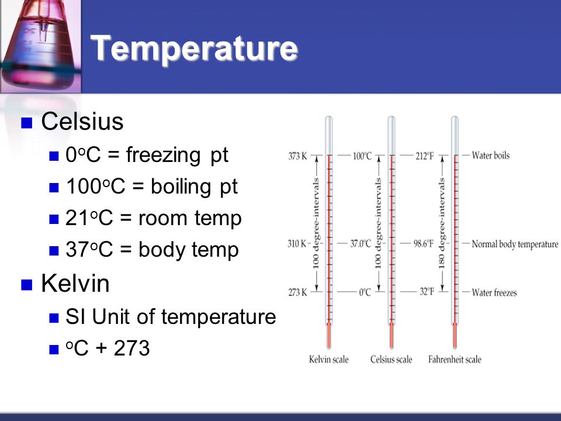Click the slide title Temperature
tap(194, 49)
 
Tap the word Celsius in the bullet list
tap(82, 122)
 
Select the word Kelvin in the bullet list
tap(75, 283)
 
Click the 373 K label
tap(297, 156)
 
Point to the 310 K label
tap(297, 244)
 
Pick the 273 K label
tap(297, 292)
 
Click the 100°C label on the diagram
tap(362, 156)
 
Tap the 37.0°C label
tap(361, 244)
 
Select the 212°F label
tap(425, 156)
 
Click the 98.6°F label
tap(424, 244)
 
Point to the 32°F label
tap(427, 292)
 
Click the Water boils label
tap(490, 156)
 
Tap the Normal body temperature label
tap(515, 244)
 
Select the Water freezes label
tap(494, 292)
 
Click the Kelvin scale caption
tap(329, 359)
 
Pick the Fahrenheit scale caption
tap(455, 359)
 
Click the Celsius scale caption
tap(391, 359)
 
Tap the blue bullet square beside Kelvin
tap(27, 285)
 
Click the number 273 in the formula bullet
tap(131, 348)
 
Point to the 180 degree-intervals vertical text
tap(442, 224)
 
